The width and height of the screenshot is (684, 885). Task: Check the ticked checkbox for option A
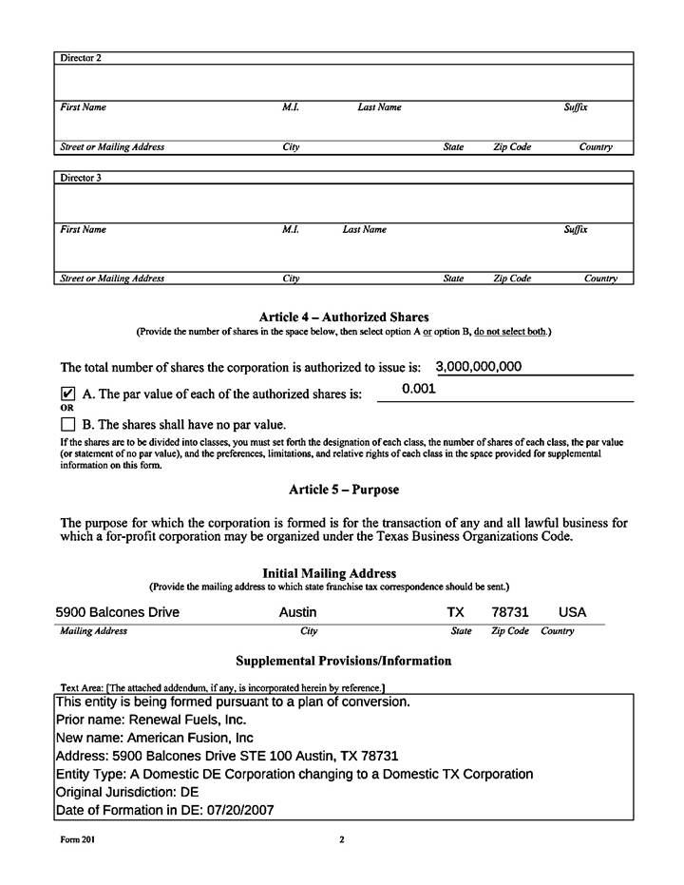(67, 393)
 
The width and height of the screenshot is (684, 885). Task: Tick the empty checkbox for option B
(67, 424)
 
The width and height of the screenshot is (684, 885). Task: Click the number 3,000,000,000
(478, 367)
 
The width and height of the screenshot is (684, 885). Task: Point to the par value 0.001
(418, 389)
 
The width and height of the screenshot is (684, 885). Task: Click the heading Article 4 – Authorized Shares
(344, 317)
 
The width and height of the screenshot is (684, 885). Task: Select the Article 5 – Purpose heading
(344, 490)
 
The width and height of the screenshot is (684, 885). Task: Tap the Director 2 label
(81, 58)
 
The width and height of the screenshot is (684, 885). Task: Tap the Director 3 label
(81, 178)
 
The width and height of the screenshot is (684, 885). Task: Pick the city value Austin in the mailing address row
(297, 612)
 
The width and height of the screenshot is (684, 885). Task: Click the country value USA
(573, 612)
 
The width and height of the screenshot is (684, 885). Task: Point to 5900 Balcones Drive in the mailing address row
(117, 612)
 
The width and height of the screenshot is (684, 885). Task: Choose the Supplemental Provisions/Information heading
(343, 661)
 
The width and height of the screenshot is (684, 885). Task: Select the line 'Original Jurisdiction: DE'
(127, 792)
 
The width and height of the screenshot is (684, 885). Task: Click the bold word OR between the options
(66, 408)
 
